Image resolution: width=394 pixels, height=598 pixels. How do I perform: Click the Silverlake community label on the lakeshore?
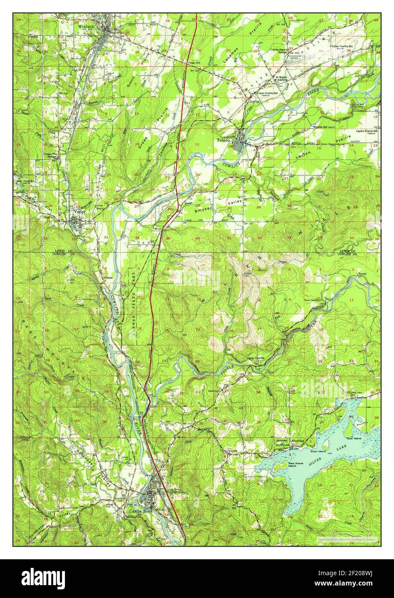click(298, 441)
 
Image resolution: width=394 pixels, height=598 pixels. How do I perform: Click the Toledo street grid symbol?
click(239, 141)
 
